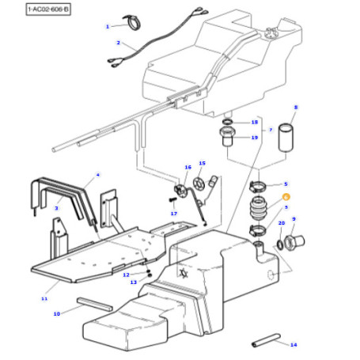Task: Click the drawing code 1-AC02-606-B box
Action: point(48,9)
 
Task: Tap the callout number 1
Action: point(108,27)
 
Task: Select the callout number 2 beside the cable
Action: point(118,43)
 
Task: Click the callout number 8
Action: point(296,108)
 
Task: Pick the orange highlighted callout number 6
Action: point(286,197)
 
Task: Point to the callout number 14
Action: point(294,345)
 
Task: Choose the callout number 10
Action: point(57,314)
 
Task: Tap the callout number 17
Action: point(174,214)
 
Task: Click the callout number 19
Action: point(254,138)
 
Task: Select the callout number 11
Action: point(44,298)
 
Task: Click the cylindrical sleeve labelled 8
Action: point(286,138)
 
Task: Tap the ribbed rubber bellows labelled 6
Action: point(259,209)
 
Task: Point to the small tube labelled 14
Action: point(266,340)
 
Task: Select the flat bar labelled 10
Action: point(95,305)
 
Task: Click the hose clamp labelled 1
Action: point(132,22)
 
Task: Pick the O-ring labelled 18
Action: point(228,122)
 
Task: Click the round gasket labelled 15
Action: point(199,184)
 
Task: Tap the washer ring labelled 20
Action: point(279,244)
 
